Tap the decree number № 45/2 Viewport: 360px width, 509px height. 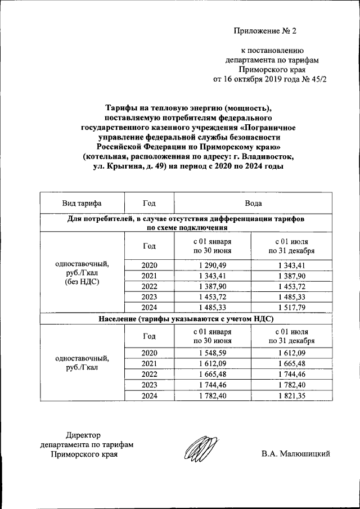[x=313, y=79]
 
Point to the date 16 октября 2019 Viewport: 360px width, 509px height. [x=251, y=79]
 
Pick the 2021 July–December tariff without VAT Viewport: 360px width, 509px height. [x=291, y=276]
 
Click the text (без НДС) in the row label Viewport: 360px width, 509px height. [x=82, y=281]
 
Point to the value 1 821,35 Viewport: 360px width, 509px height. [x=291, y=396]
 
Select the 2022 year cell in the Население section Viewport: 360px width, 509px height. [x=149, y=375]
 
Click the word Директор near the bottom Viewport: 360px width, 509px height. [x=83, y=435]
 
